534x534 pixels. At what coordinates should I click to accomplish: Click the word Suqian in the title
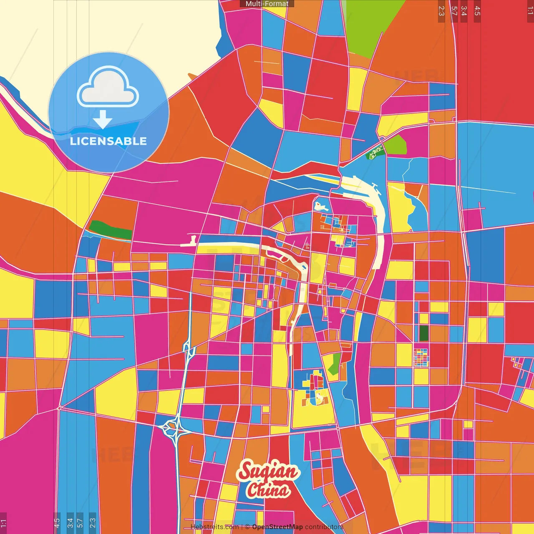coord(268,471)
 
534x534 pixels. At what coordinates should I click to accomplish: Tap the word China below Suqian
coord(268,490)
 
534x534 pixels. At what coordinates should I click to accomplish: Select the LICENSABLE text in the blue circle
coord(108,141)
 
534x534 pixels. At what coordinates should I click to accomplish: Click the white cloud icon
coord(108,88)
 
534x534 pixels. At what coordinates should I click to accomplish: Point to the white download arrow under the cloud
coord(103,119)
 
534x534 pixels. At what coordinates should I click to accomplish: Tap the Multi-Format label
coord(267,4)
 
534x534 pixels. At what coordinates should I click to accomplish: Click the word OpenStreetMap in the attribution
coord(277,527)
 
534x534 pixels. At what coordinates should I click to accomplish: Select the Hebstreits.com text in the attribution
coord(214,527)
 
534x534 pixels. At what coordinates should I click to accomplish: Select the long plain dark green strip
coord(111,230)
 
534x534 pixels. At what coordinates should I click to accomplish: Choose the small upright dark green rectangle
coord(424,333)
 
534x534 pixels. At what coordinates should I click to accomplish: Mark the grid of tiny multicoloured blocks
coord(421,358)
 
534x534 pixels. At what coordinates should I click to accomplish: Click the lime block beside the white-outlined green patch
coord(395,145)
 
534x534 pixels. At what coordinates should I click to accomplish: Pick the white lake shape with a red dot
coord(320,207)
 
